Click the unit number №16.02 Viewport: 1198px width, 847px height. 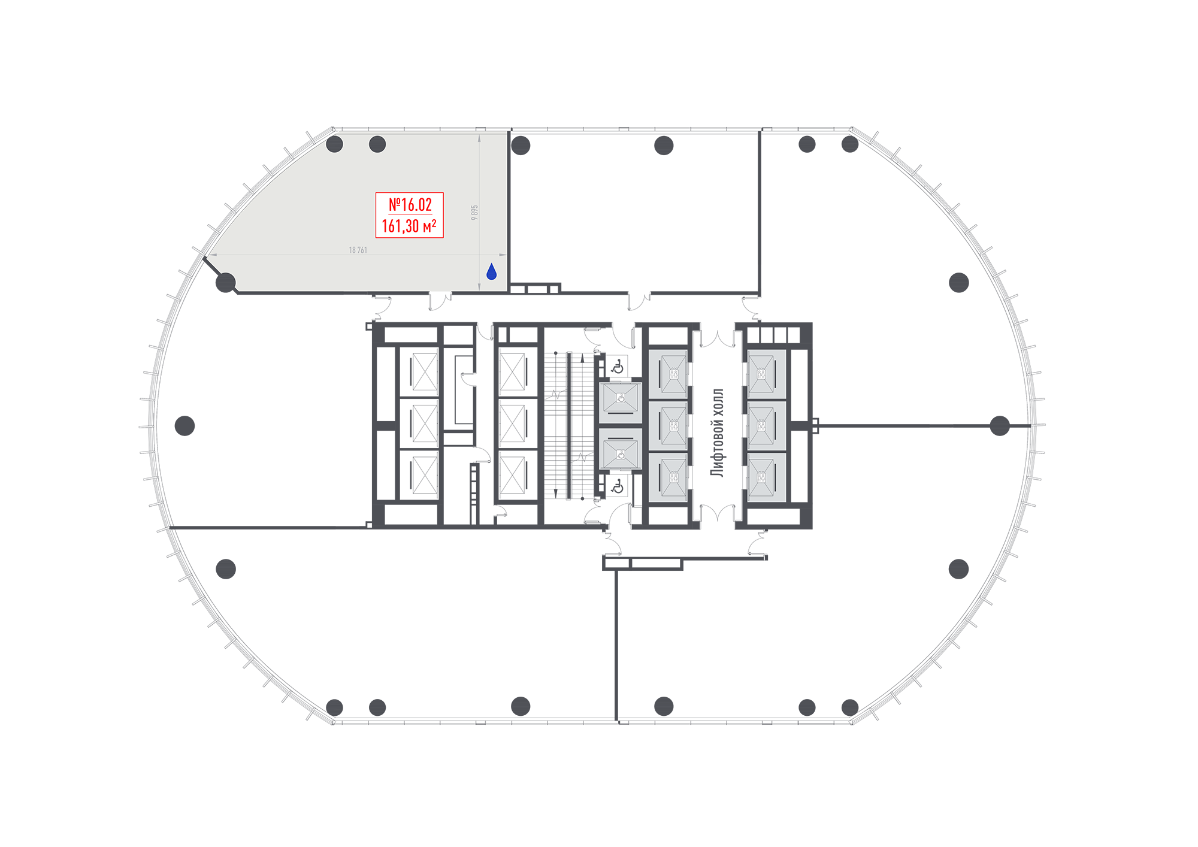[x=410, y=205]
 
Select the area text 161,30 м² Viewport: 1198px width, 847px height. [x=409, y=226]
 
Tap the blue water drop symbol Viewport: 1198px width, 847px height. [x=492, y=272]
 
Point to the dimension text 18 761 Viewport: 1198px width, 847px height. [x=358, y=250]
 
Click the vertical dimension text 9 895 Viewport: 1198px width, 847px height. [x=474, y=213]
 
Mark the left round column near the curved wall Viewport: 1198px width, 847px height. [x=334, y=144]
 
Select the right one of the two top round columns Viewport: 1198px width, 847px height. [x=377, y=144]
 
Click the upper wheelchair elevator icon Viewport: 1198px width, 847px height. [x=621, y=398]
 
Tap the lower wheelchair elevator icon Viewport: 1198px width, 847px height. [x=621, y=455]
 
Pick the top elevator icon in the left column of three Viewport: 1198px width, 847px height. [x=674, y=374]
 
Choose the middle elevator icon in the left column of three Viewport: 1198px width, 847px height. [x=674, y=426]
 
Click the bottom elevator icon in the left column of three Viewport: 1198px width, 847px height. [x=674, y=477]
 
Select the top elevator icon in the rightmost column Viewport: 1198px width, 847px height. [x=761, y=374]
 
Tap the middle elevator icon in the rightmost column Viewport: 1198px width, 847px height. [x=761, y=426]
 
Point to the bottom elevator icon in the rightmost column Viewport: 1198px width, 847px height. [x=761, y=477]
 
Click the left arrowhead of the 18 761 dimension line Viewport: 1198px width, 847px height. [x=212, y=255]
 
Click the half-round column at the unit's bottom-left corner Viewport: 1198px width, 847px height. [x=228, y=282]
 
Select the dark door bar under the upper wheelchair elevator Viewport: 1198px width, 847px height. [x=621, y=413]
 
